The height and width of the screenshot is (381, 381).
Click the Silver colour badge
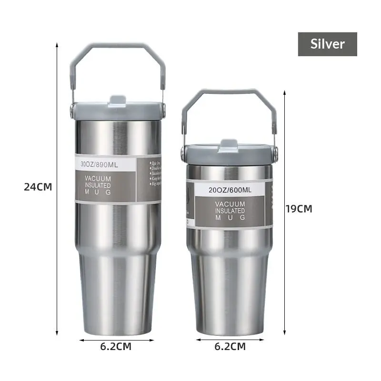click(x=327, y=44)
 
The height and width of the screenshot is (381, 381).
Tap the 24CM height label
click(x=38, y=187)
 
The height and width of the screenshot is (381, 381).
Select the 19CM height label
click(x=299, y=209)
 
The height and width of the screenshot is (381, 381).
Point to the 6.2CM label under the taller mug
click(x=116, y=346)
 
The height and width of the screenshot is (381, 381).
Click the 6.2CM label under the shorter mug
click(x=230, y=346)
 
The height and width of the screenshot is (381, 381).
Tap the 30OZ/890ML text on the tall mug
click(x=100, y=165)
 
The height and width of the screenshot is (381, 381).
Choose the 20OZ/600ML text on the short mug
click(x=230, y=190)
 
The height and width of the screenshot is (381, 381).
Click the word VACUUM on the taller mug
click(x=98, y=179)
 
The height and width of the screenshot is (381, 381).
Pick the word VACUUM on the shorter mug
click(x=230, y=204)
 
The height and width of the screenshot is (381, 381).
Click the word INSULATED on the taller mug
click(x=98, y=185)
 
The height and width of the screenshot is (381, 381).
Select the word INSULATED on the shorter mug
click(x=230, y=211)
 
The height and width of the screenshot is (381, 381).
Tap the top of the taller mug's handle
click(x=118, y=46)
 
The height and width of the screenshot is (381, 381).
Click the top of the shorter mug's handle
click(x=229, y=91)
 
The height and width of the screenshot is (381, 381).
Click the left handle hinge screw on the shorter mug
click(x=184, y=152)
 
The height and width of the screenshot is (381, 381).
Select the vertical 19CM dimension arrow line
click(x=285, y=267)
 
